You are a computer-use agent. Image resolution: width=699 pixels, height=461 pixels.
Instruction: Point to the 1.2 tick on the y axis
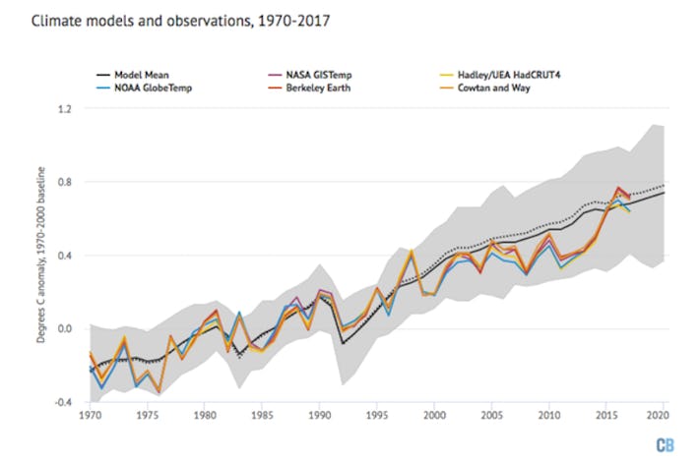pos(65,108)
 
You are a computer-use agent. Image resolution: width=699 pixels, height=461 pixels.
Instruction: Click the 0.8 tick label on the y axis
pos(65,182)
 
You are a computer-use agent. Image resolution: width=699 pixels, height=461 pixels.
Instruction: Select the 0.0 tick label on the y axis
pos(65,329)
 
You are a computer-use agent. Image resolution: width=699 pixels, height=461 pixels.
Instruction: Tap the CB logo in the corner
pos(669,442)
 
